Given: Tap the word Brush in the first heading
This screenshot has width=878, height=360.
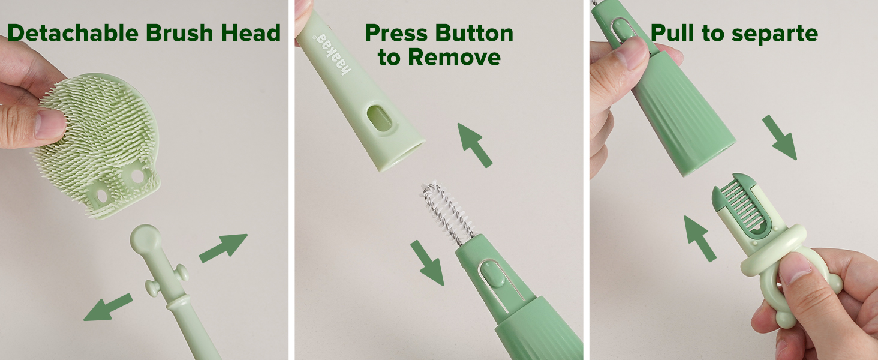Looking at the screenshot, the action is pos(179,32).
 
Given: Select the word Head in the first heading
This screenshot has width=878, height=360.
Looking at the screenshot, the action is pos(251,32).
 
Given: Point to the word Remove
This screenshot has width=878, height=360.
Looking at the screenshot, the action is pos(454,57).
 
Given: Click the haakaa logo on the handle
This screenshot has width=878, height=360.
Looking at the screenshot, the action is pos(332,55).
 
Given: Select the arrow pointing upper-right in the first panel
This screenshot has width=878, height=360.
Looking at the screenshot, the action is pos(224,248).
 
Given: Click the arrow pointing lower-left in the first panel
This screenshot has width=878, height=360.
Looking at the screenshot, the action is pos(108,307).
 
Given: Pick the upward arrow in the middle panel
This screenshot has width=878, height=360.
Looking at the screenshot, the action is pos(474,145).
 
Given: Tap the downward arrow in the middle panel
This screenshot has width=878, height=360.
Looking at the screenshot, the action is pos(427,263).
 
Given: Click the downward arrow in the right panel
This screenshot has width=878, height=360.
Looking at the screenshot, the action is pos(780,137).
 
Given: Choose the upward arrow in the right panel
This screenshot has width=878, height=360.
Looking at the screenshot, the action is pos(700,238).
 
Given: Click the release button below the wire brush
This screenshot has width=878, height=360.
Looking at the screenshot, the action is pos(492,274).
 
